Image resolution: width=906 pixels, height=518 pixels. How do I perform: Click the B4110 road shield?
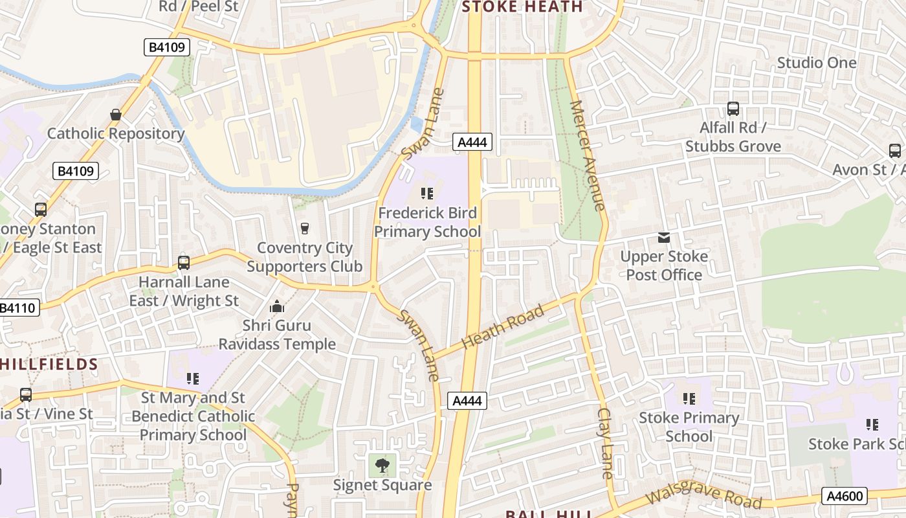click(x=18, y=308)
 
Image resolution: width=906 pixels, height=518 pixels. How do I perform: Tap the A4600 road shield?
click(x=845, y=496)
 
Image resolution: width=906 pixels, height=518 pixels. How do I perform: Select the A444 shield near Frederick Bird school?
click(x=472, y=142)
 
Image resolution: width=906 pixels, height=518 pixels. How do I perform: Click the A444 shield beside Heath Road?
click(x=467, y=401)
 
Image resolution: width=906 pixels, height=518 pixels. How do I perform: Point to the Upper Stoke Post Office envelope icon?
click(x=664, y=238)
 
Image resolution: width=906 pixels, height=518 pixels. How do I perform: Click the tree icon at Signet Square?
click(x=382, y=465)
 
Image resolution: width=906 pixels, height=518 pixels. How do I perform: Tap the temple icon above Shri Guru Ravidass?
click(x=277, y=306)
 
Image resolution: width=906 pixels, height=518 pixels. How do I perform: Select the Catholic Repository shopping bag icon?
click(x=116, y=115)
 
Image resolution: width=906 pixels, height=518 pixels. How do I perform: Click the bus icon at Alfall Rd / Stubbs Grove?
click(x=733, y=109)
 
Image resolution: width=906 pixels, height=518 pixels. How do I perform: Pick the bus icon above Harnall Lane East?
click(x=184, y=263)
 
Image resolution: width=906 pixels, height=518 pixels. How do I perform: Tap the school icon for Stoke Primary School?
click(x=689, y=398)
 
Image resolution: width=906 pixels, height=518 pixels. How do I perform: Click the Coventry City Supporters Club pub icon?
click(x=304, y=228)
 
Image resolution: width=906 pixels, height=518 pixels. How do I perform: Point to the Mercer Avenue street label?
click(x=588, y=155)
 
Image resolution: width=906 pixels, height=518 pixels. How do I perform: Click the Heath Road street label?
click(x=503, y=328)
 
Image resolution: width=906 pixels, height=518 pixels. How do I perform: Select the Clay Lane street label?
click(x=606, y=444)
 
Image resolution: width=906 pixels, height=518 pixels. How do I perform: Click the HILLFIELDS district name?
click(x=49, y=364)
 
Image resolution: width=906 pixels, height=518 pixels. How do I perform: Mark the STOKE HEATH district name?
click(x=522, y=7)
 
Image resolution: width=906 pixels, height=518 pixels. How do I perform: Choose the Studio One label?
click(x=816, y=63)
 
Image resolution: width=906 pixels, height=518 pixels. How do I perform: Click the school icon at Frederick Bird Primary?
click(x=426, y=193)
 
